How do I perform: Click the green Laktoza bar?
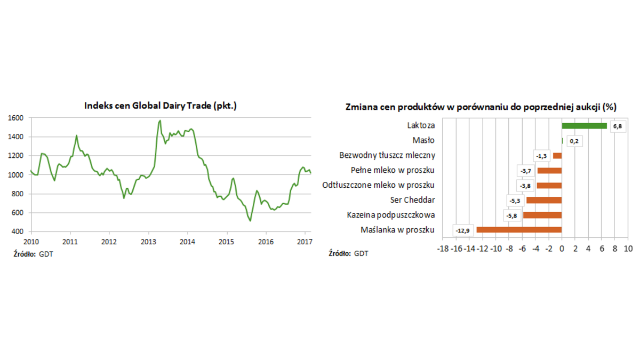coord(584,126)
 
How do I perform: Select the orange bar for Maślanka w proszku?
coord(519,230)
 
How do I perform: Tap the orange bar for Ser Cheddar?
coord(544,200)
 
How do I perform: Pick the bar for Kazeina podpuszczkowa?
coord(542,215)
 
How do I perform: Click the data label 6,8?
coord(618,126)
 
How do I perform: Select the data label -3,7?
coord(525,171)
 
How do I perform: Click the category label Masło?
coord(423,141)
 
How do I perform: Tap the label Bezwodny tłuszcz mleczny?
coord(387,156)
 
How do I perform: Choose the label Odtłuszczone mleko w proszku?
coord(379,185)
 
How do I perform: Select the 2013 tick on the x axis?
coord(148,241)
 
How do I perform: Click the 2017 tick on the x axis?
coord(305,241)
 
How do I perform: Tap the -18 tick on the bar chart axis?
coord(443,249)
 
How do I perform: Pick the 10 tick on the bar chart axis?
coord(628,249)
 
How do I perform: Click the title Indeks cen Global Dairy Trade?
coord(161,106)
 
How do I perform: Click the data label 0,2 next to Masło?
coord(574,141)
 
